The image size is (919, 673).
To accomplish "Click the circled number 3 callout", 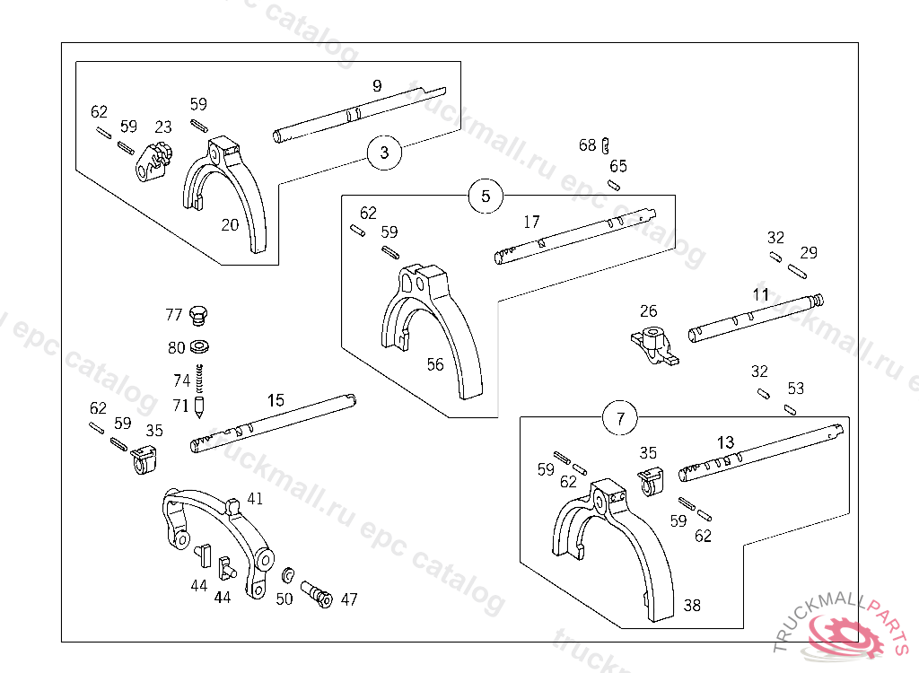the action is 384,153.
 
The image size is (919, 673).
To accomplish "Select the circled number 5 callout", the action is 486,196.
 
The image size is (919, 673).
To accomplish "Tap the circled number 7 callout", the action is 621,418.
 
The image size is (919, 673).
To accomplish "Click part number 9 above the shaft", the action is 378,86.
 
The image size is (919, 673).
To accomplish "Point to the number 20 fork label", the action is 230,225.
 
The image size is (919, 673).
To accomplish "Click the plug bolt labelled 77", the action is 198,315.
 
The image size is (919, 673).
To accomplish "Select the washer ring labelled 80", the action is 200,347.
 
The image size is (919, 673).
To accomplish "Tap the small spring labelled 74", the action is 199,378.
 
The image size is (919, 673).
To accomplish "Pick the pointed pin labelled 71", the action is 199,406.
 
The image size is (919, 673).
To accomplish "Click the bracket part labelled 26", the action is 655,345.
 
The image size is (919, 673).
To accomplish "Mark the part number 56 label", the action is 435,364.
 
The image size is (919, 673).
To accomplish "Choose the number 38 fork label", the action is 692,605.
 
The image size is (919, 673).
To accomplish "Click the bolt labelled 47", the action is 317,594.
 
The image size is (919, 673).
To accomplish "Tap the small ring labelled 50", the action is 288,576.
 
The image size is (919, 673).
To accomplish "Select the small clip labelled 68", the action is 606,145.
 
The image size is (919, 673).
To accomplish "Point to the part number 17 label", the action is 531,222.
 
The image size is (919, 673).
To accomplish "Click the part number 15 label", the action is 276,400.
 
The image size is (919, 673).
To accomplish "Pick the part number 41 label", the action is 255,499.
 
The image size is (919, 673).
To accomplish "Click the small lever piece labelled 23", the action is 153,162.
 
